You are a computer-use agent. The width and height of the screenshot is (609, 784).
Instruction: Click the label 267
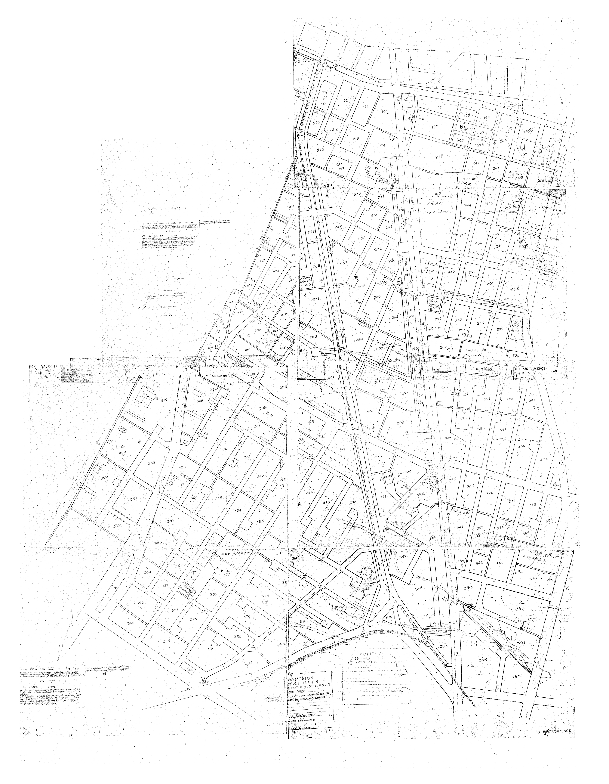tap(344, 263)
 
